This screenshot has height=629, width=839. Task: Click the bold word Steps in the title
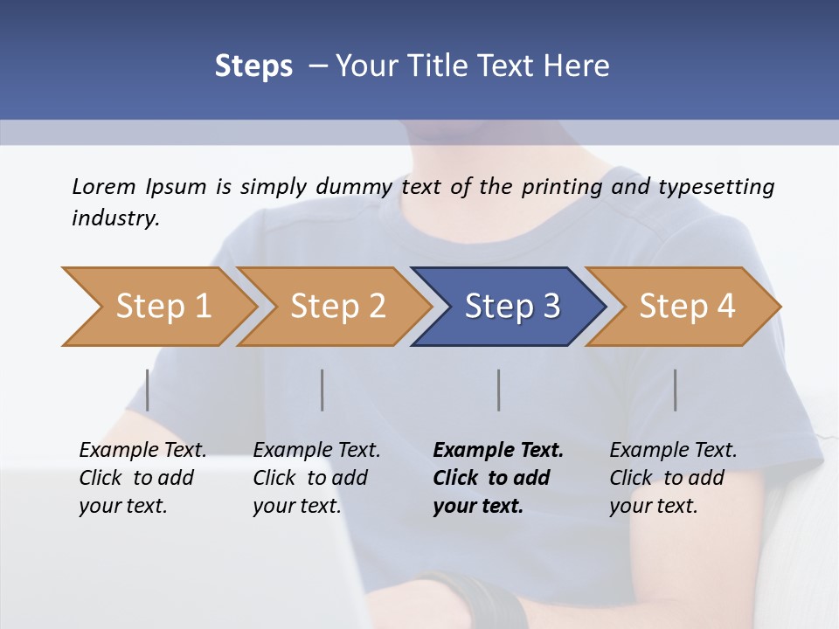253,66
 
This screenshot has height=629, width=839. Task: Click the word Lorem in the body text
104,186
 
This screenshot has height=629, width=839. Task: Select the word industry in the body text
115,218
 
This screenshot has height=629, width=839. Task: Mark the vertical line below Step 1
148,390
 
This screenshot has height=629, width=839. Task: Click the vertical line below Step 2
322,390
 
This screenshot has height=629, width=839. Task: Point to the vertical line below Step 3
498,390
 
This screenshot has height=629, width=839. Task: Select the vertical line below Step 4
675,390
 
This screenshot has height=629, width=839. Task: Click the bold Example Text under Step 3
498,451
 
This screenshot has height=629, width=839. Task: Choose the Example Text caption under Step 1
142,451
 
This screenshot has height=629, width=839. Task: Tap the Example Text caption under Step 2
316,451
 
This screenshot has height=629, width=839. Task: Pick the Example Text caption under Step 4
673,451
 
